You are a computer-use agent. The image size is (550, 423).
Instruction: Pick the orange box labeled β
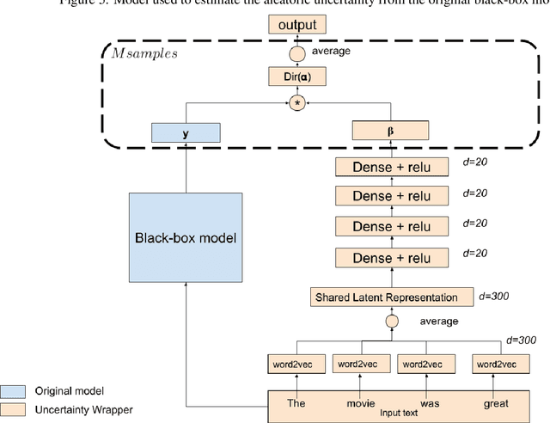click(x=392, y=132)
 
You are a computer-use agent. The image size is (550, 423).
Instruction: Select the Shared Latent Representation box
click(x=392, y=297)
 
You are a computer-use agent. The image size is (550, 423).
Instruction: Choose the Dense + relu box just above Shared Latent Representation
click(x=392, y=257)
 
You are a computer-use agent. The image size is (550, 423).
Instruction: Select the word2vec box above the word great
click(x=498, y=365)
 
